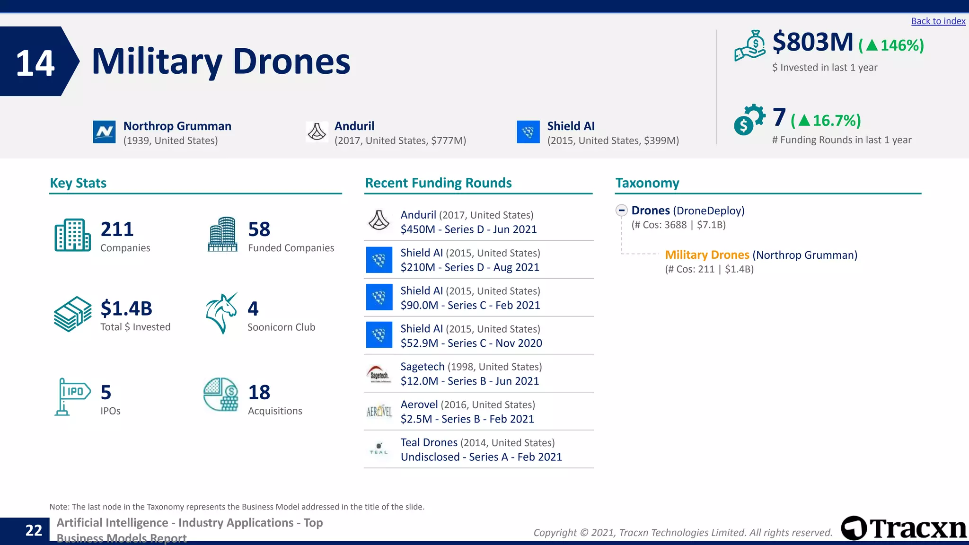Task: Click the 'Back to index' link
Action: click(938, 21)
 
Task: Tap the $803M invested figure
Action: click(812, 42)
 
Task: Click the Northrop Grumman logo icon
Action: click(104, 132)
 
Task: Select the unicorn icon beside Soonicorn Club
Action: click(221, 313)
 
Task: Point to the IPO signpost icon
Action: click(72, 396)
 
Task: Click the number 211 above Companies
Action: click(117, 229)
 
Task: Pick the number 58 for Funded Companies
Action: click(259, 229)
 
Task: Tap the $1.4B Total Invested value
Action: click(126, 308)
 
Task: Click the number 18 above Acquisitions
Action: click(259, 392)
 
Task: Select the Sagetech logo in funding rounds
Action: click(379, 374)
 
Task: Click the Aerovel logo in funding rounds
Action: click(379, 412)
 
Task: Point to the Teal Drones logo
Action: click(379, 449)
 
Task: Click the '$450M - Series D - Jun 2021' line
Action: click(468, 229)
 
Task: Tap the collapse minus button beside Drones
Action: click(622, 211)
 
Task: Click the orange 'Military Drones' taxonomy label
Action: click(707, 255)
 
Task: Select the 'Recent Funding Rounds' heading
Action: click(438, 183)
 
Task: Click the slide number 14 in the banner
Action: click(35, 63)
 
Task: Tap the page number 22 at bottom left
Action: click(34, 530)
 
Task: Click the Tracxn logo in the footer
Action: click(904, 528)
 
